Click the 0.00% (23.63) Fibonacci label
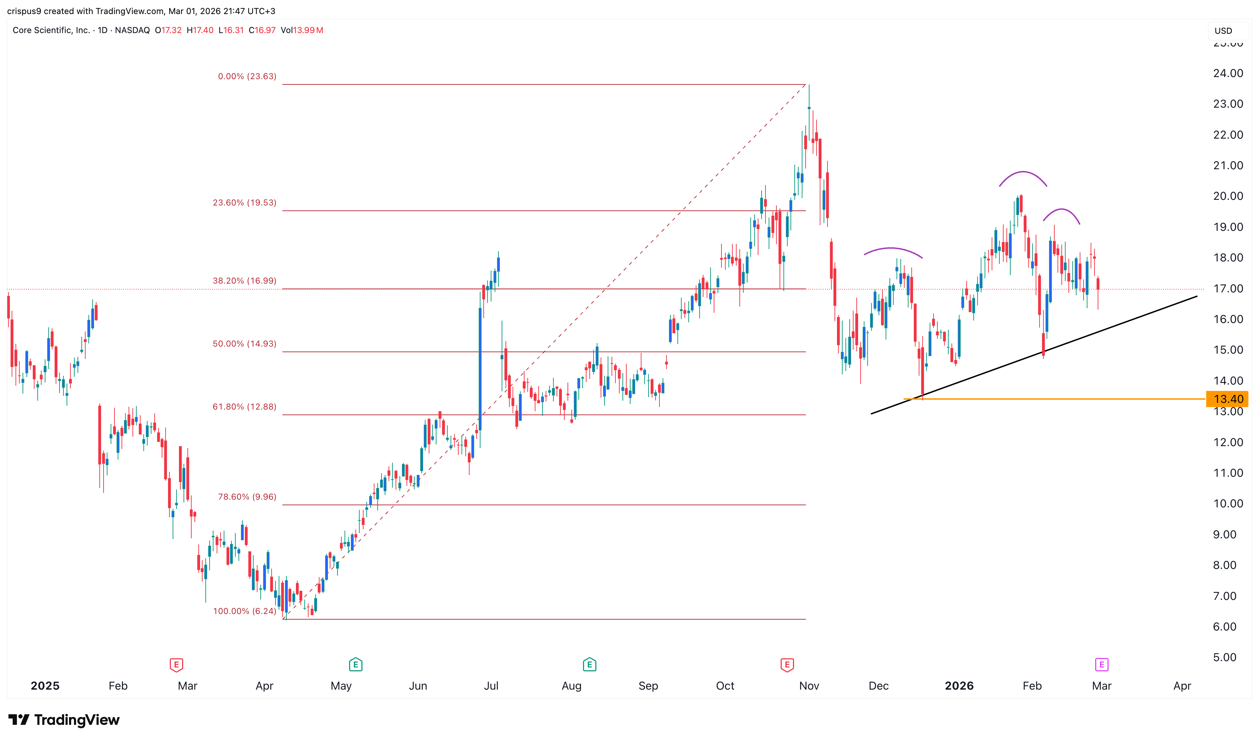coord(247,76)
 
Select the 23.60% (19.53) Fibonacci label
coord(244,203)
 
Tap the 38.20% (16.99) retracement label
coord(244,281)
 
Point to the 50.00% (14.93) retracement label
coord(244,343)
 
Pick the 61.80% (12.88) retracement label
coord(244,406)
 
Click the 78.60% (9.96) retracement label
coord(247,497)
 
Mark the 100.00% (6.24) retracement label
coord(244,611)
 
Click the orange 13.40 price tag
coord(1228,399)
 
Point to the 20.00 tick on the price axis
coord(1228,196)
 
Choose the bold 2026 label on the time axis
coord(959,686)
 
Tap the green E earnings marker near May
coord(355,665)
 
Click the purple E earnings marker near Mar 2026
coord(1101,665)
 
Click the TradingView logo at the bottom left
coord(64,720)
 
